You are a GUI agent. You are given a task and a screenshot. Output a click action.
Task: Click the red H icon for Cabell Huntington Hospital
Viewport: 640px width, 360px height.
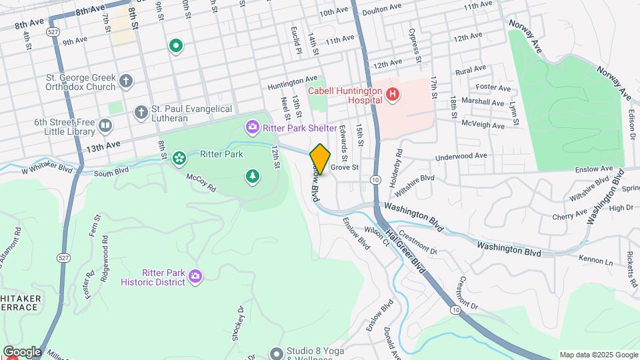click(x=393, y=95)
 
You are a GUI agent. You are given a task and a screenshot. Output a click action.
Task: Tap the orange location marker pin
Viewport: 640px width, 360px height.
click(x=320, y=159)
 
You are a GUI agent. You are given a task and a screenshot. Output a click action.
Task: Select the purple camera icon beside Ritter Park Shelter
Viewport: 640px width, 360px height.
click(x=253, y=126)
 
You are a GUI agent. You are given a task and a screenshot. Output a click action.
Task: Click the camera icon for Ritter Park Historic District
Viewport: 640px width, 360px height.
click(x=195, y=276)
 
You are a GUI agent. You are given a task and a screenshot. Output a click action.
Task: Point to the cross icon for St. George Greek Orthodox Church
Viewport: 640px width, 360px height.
click(x=127, y=81)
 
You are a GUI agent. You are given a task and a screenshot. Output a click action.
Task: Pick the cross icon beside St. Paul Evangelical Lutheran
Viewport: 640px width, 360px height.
click(x=141, y=113)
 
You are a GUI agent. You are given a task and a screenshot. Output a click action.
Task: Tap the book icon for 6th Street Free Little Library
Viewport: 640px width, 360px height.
click(x=105, y=125)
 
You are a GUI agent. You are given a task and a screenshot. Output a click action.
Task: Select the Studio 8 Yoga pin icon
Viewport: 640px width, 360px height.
click(x=277, y=353)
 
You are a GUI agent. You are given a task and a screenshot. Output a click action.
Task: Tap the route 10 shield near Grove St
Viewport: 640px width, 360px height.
click(x=375, y=181)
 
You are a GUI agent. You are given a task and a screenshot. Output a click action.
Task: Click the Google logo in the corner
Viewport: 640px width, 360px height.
click(x=21, y=351)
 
